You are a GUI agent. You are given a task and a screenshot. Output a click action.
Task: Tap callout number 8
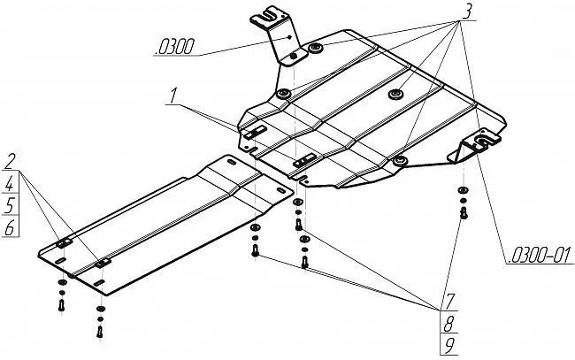(450, 323)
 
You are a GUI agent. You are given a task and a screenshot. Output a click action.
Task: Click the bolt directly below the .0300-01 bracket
(463, 212)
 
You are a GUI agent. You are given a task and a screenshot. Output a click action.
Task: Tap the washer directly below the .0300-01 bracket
(463, 192)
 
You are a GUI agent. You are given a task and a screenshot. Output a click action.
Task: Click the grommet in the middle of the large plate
(395, 91)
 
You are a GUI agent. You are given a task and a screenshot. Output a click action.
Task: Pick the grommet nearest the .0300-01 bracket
(400, 160)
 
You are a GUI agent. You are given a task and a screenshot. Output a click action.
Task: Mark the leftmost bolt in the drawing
(61, 304)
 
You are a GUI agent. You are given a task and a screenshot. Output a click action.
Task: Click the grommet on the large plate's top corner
(315, 47)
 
